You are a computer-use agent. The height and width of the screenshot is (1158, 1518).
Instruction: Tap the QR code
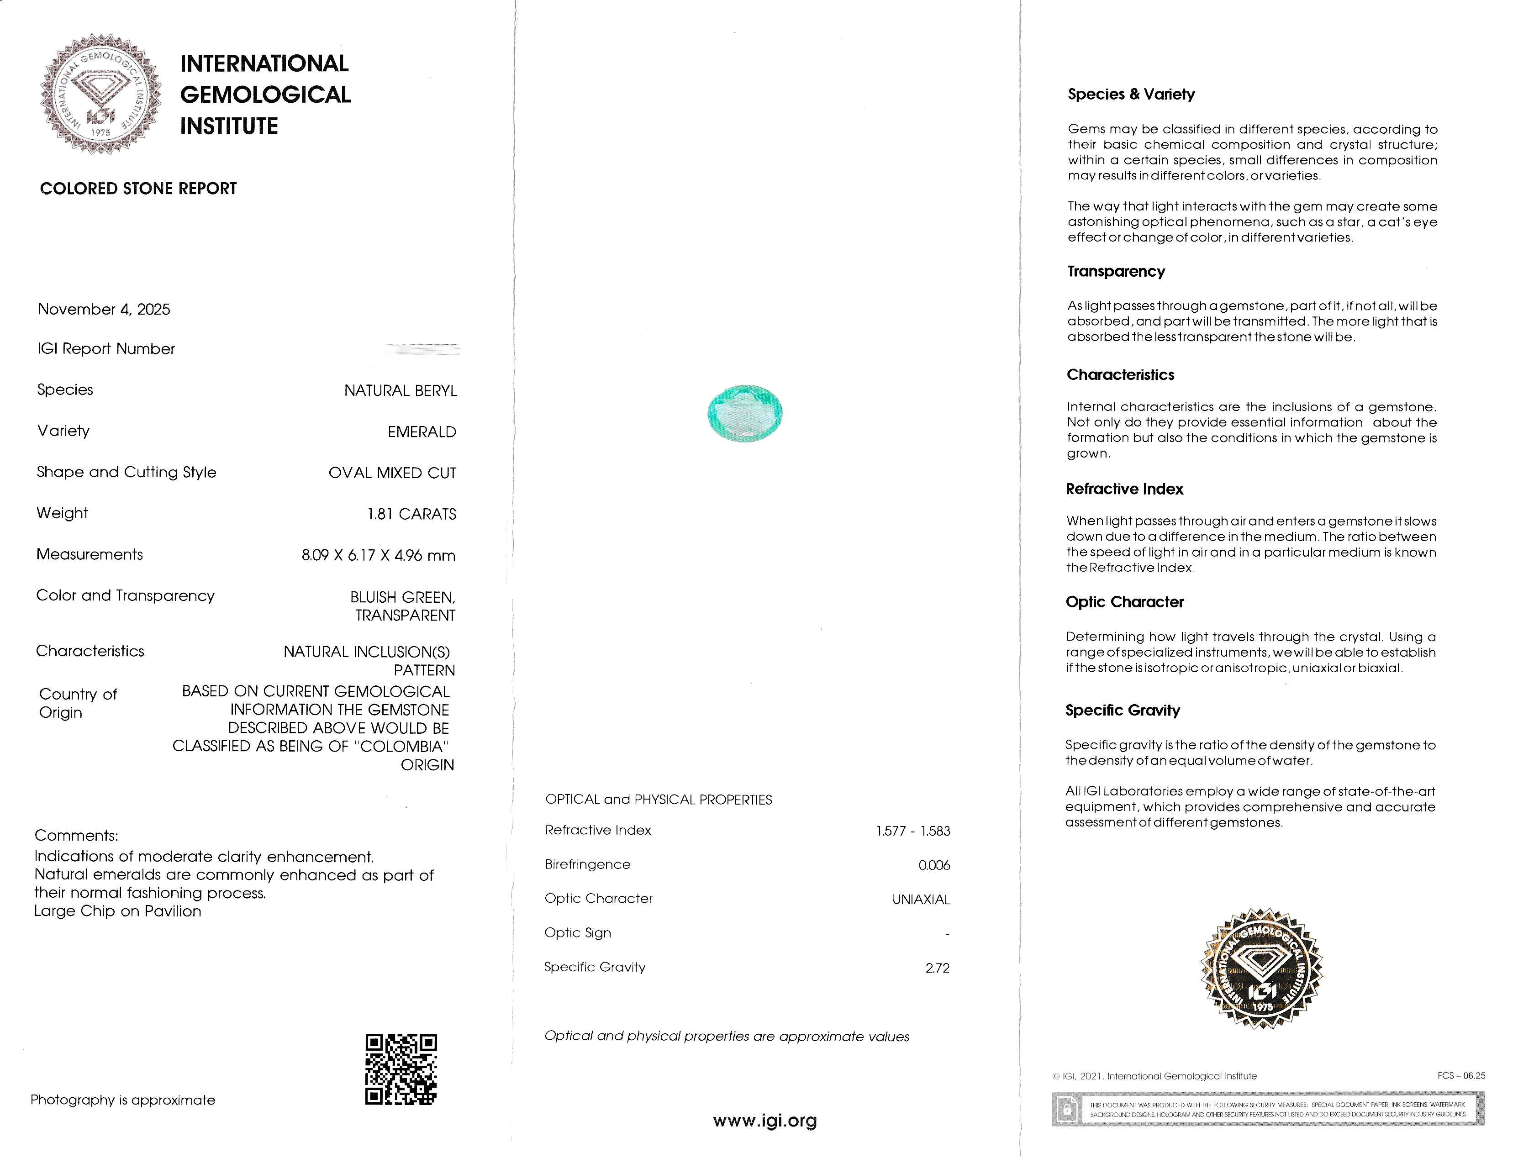(401, 1069)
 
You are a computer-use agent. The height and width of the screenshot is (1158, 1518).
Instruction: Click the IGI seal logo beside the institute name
(100, 95)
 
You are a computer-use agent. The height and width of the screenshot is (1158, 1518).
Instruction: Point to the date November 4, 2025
(104, 310)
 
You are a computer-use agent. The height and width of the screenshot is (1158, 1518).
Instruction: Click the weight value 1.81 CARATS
(411, 514)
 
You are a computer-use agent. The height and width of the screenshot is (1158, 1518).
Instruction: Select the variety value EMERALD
(422, 432)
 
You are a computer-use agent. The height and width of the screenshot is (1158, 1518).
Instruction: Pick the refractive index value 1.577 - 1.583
(913, 831)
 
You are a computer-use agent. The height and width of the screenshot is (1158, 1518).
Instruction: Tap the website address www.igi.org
(764, 1121)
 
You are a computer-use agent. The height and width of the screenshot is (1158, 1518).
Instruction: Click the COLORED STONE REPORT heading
(138, 189)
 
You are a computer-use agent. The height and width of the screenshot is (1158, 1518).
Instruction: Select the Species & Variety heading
(1131, 95)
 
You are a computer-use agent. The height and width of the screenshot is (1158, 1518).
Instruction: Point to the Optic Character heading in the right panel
(1124, 602)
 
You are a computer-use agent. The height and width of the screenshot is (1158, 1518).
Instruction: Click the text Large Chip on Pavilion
(118, 911)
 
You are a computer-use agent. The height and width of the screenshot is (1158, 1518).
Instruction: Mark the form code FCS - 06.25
(1461, 1076)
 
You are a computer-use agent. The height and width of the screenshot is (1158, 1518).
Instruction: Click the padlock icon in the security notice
(1066, 1110)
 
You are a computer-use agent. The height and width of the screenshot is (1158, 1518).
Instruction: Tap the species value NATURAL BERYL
(401, 391)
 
